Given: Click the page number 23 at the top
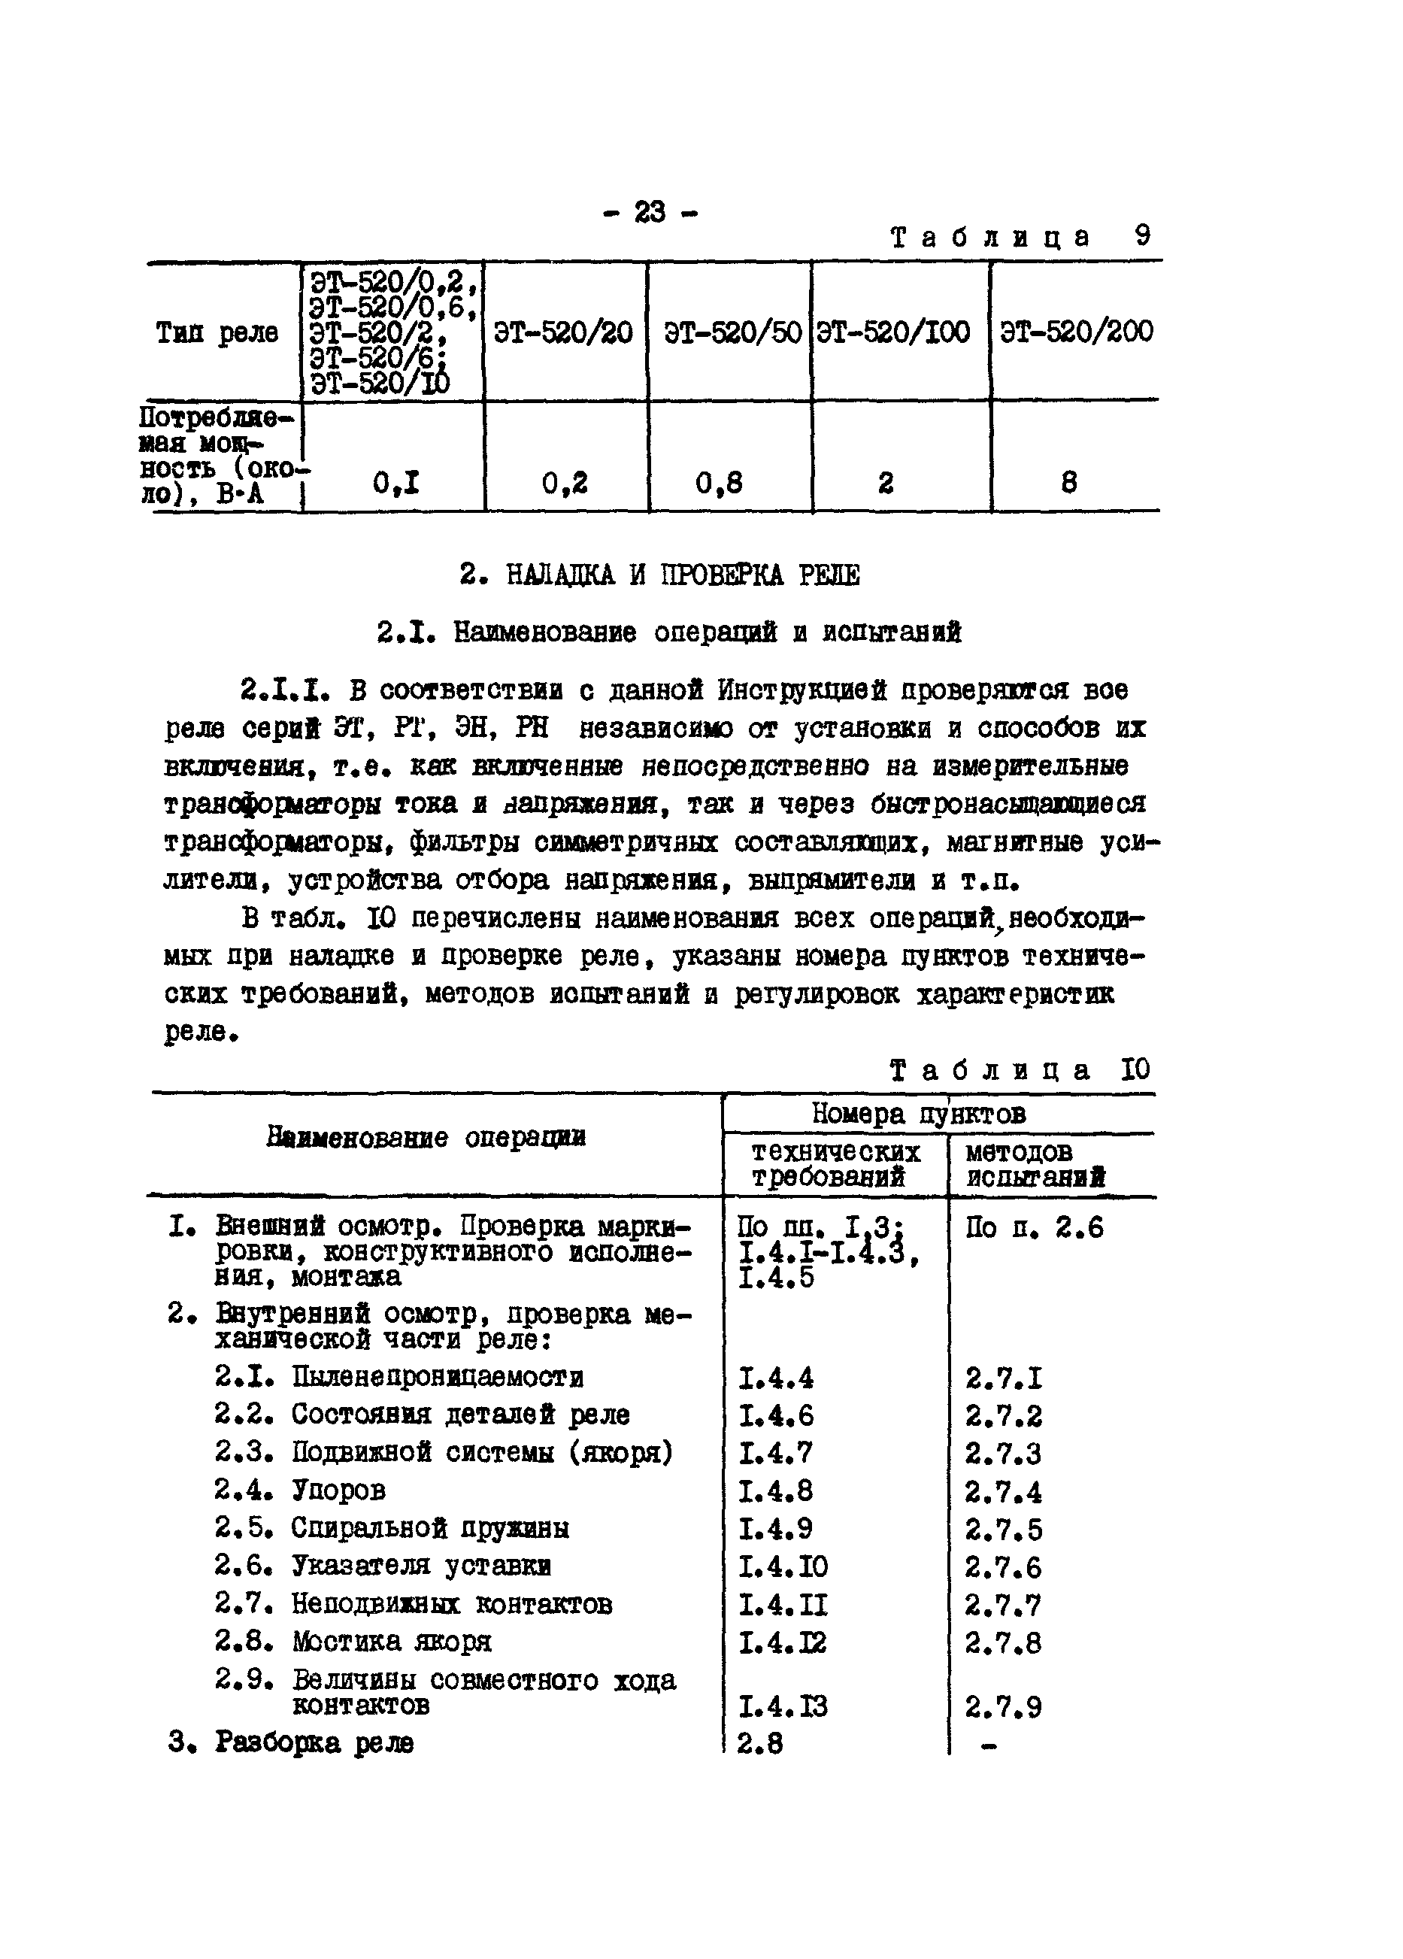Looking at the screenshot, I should pos(650,211).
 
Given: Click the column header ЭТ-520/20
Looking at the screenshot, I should pos(563,332).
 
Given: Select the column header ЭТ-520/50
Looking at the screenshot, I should pos(732,332).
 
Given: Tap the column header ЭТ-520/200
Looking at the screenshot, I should pos(1076,332).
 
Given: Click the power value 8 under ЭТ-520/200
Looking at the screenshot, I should pos(1069,482).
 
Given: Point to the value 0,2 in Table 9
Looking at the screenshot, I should pos(565,482).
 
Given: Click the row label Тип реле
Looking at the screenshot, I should pos(217,332).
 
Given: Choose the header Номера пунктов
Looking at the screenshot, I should pos(919,1114).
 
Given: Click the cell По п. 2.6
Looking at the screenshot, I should pos(1035,1227).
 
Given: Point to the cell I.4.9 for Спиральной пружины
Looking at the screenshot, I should pos(775,1529).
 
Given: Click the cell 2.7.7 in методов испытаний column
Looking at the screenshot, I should pos(1003,1605).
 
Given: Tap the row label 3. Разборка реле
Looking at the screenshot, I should pos(291,1742).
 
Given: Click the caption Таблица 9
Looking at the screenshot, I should pos(1020,237).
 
